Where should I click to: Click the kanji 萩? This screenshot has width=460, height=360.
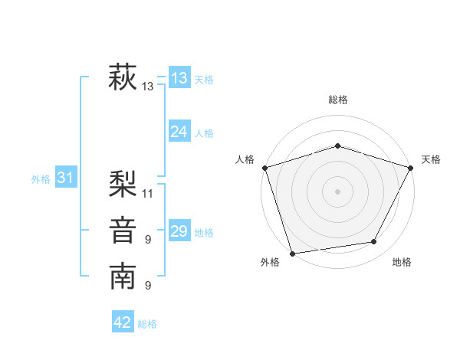[123, 77]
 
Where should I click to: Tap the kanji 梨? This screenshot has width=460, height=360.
[123, 184]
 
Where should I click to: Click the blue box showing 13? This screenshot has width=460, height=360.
[179, 77]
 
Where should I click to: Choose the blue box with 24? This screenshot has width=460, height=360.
[179, 132]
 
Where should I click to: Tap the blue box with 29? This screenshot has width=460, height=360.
[179, 231]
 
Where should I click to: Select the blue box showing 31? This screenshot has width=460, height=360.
[65, 178]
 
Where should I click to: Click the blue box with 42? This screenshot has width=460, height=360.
[123, 322]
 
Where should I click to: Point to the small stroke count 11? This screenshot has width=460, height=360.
[148, 193]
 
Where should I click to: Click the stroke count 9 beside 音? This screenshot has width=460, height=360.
[148, 240]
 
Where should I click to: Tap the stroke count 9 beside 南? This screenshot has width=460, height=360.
[148, 286]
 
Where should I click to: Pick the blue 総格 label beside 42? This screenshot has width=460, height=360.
[147, 324]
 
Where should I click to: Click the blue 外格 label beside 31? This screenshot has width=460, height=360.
[41, 179]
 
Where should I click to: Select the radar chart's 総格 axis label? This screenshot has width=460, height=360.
[337, 100]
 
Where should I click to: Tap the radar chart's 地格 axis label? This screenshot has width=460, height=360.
[402, 262]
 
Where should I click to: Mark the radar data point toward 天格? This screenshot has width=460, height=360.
[410, 168]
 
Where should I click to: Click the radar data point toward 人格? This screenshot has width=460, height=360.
[264, 168]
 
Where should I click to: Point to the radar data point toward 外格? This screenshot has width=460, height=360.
[293, 253]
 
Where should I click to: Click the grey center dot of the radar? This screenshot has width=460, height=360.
[337, 191]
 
